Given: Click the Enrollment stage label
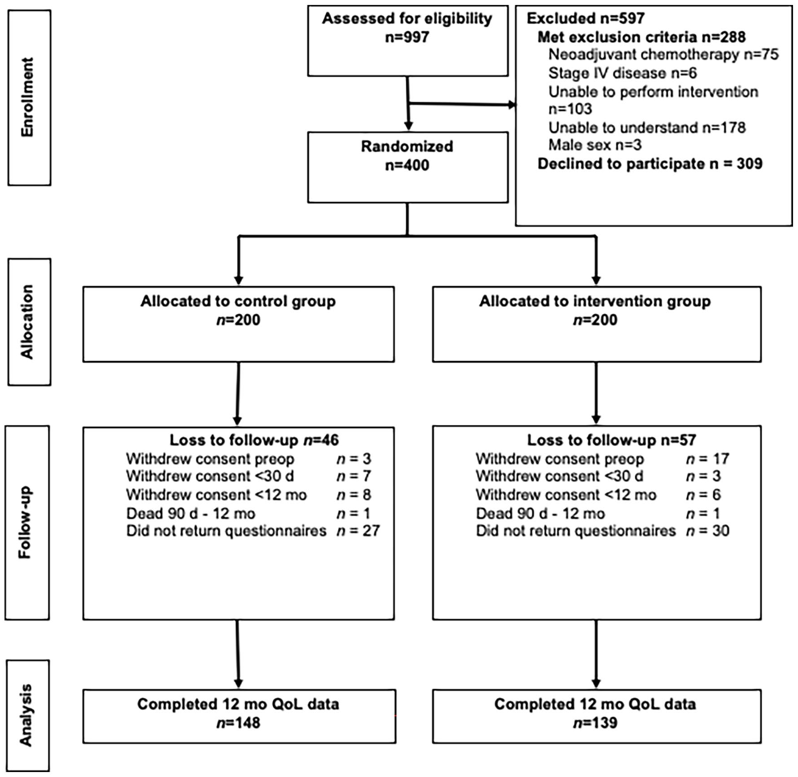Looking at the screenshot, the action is tap(27, 97).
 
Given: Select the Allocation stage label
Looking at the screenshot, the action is tap(27, 322).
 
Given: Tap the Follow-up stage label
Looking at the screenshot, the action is tap(25, 522).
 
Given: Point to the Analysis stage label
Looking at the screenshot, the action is tap(26, 715).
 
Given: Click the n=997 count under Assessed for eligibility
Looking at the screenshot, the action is tap(407, 37).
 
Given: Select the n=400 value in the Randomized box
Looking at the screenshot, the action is tap(407, 165).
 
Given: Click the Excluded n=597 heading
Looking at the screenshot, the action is tap(586, 18).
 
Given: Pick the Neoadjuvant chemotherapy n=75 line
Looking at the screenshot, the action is tap(663, 55).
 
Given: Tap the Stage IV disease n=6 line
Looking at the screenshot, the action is tap(622, 73).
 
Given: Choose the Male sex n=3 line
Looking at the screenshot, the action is tap(595, 145).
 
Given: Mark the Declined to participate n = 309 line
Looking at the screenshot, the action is tap(650, 164).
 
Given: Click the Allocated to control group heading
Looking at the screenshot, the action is tap(238, 301).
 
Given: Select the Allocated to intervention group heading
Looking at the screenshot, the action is tap(595, 301).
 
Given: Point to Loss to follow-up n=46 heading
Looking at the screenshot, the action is tap(254, 440).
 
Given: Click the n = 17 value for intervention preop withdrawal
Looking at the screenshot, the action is tap(707, 459).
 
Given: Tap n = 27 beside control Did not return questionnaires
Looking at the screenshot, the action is tap(358, 531).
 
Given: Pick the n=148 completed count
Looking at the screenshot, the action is tap(238, 723).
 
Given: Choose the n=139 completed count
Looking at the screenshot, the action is tap(595, 723).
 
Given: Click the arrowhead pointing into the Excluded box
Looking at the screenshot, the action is tap(512, 105).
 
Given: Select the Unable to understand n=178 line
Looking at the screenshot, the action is tap(647, 128).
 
